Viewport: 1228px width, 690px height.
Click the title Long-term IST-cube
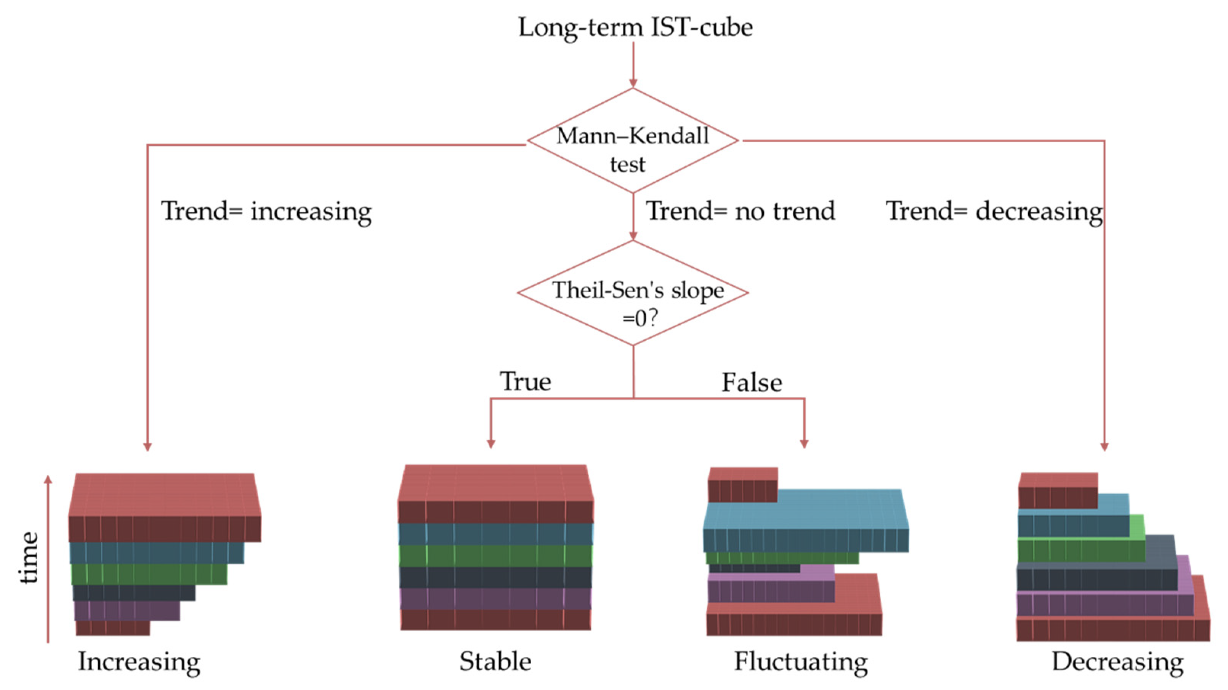(635, 27)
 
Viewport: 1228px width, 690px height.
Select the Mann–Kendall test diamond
(633, 141)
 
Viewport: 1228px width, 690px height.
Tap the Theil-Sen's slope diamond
(633, 293)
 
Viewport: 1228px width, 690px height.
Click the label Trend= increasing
(266, 211)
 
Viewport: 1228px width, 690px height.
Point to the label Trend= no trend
(740, 211)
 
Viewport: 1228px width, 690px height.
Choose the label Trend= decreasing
(994, 211)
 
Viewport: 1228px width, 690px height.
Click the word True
(525, 381)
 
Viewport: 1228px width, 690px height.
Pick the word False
(752, 382)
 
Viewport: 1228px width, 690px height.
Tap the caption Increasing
(139, 661)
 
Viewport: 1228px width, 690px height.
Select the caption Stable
(495, 661)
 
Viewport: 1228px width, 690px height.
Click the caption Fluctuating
(800, 661)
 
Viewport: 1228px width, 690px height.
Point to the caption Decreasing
(1117, 661)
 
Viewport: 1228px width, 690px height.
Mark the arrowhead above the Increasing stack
(147, 447)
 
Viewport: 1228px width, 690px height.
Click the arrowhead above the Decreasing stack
(1104, 447)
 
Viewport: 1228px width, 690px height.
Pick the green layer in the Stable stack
(496, 556)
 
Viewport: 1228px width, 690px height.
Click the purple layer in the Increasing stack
(126, 610)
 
